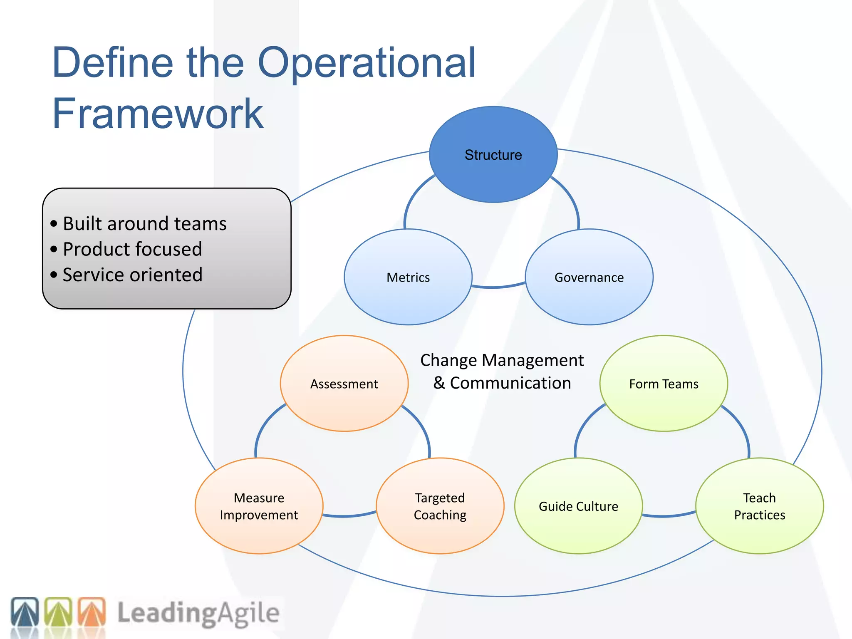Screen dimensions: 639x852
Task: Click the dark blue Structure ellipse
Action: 493,155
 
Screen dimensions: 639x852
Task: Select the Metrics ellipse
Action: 408,277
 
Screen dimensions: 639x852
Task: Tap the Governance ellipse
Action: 589,277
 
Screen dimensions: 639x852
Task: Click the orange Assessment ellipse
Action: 344,384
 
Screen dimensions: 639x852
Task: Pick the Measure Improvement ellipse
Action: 259,506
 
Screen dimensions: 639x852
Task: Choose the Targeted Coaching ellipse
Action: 440,506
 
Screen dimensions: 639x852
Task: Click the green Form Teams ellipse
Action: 664,384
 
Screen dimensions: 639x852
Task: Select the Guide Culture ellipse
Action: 578,506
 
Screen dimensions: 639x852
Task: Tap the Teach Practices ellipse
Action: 759,506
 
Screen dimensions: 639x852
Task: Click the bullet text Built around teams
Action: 144,223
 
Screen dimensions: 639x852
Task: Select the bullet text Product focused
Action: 132,249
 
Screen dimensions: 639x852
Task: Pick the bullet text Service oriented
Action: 132,275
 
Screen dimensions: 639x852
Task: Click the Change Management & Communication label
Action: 502,372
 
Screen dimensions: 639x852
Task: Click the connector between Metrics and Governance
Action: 498,287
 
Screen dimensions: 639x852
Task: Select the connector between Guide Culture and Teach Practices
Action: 668,516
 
